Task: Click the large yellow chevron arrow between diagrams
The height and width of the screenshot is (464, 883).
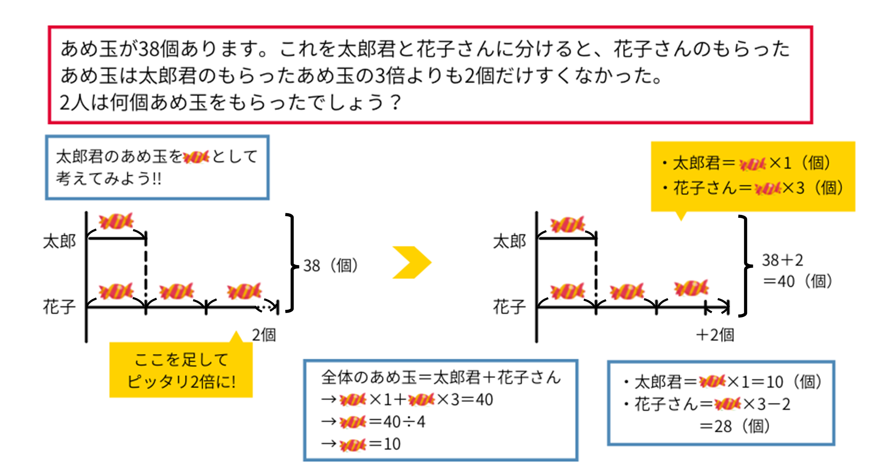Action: coord(411,263)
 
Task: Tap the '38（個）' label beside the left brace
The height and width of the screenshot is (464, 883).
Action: coord(330,265)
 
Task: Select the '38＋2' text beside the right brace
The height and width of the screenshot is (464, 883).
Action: coord(782,260)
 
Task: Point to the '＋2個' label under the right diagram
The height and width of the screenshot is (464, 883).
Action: coord(715,335)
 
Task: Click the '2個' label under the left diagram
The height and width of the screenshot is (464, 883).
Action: coord(264,335)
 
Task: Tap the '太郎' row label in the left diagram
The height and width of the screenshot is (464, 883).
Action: coord(59,241)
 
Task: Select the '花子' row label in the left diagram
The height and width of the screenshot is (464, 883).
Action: coord(59,306)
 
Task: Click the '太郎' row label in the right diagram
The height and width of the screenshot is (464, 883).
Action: coord(509,241)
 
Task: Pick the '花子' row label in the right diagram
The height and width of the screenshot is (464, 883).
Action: coord(509,306)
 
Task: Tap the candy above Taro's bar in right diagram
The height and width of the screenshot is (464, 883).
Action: coord(567,224)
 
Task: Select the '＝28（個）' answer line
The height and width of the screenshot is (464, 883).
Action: coord(735,426)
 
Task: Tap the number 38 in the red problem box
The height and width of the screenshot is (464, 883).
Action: coord(149,49)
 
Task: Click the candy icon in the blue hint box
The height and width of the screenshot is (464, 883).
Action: coord(196,157)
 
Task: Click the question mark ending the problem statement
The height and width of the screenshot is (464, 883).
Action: coord(394,102)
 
